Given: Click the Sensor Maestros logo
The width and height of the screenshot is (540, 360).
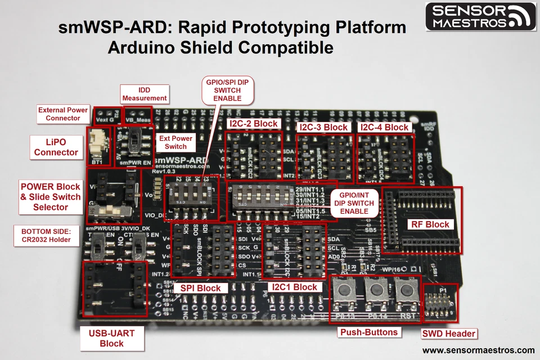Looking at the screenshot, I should [481, 16].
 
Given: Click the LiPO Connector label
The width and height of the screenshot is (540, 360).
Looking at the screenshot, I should [56, 147].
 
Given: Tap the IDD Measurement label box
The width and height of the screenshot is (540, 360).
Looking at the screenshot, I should [145, 94].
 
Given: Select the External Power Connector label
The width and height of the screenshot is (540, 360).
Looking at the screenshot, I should [63, 114].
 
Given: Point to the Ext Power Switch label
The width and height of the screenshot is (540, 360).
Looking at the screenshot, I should [175, 142].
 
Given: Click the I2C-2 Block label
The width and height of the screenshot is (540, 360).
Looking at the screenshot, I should [253, 124].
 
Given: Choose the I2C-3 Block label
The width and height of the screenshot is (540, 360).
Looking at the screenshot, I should [323, 127].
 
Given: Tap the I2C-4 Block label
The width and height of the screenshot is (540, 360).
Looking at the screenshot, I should [385, 127].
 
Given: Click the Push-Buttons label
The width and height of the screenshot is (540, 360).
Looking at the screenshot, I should [369, 332].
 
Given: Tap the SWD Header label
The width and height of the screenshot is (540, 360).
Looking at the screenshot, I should [449, 334].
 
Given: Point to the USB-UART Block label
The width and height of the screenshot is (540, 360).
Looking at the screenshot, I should [111, 338].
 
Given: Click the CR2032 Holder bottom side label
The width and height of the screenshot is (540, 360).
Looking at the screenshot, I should [46, 235].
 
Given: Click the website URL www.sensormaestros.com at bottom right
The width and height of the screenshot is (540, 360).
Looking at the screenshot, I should [479, 350].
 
